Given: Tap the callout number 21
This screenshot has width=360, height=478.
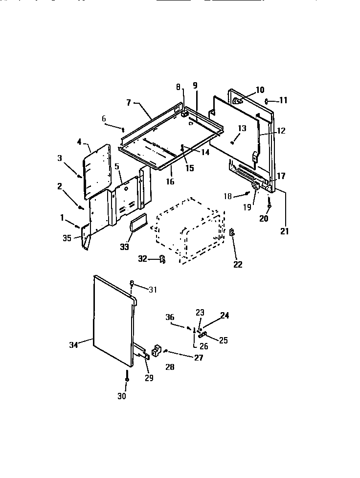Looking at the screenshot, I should pyautogui.click(x=285, y=231).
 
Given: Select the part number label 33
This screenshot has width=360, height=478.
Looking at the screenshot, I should pyautogui.click(x=124, y=247).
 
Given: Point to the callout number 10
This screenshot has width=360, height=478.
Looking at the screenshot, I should pyautogui.click(x=260, y=90).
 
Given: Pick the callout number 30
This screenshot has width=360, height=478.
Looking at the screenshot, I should pyautogui.click(x=122, y=396).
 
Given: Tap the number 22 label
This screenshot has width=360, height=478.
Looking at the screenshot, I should pyautogui.click(x=238, y=265).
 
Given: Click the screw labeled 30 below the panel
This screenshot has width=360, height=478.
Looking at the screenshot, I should pyautogui.click(x=127, y=378).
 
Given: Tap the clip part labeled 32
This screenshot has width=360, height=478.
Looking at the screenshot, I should pyautogui.click(x=162, y=259).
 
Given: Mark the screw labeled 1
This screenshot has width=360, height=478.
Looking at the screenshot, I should pyautogui.click(x=78, y=226).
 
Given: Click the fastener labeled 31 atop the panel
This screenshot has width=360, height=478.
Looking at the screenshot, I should pyautogui.click(x=132, y=283).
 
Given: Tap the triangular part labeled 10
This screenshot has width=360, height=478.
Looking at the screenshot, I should pyautogui.click(x=237, y=101).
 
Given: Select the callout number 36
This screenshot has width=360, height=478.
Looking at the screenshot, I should pyautogui.click(x=170, y=318).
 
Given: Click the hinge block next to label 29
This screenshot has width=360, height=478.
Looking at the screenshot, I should pyautogui.click(x=157, y=350).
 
